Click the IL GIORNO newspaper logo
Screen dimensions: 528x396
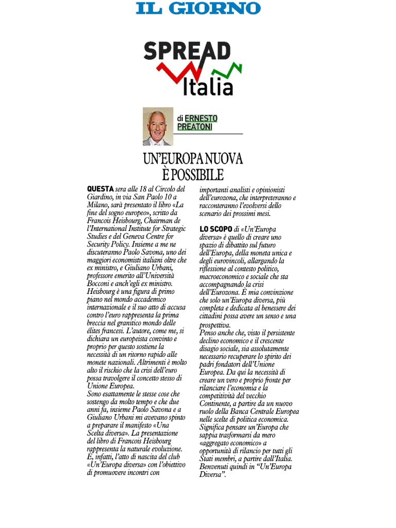(199, 8)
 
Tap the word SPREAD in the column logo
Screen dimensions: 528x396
(187, 52)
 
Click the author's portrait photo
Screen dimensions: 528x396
(158, 126)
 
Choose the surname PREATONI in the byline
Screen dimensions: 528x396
(195, 127)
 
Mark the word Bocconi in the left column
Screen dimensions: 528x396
(101, 284)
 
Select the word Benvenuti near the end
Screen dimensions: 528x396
(216, 467)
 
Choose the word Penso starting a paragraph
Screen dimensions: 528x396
(208, 333)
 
